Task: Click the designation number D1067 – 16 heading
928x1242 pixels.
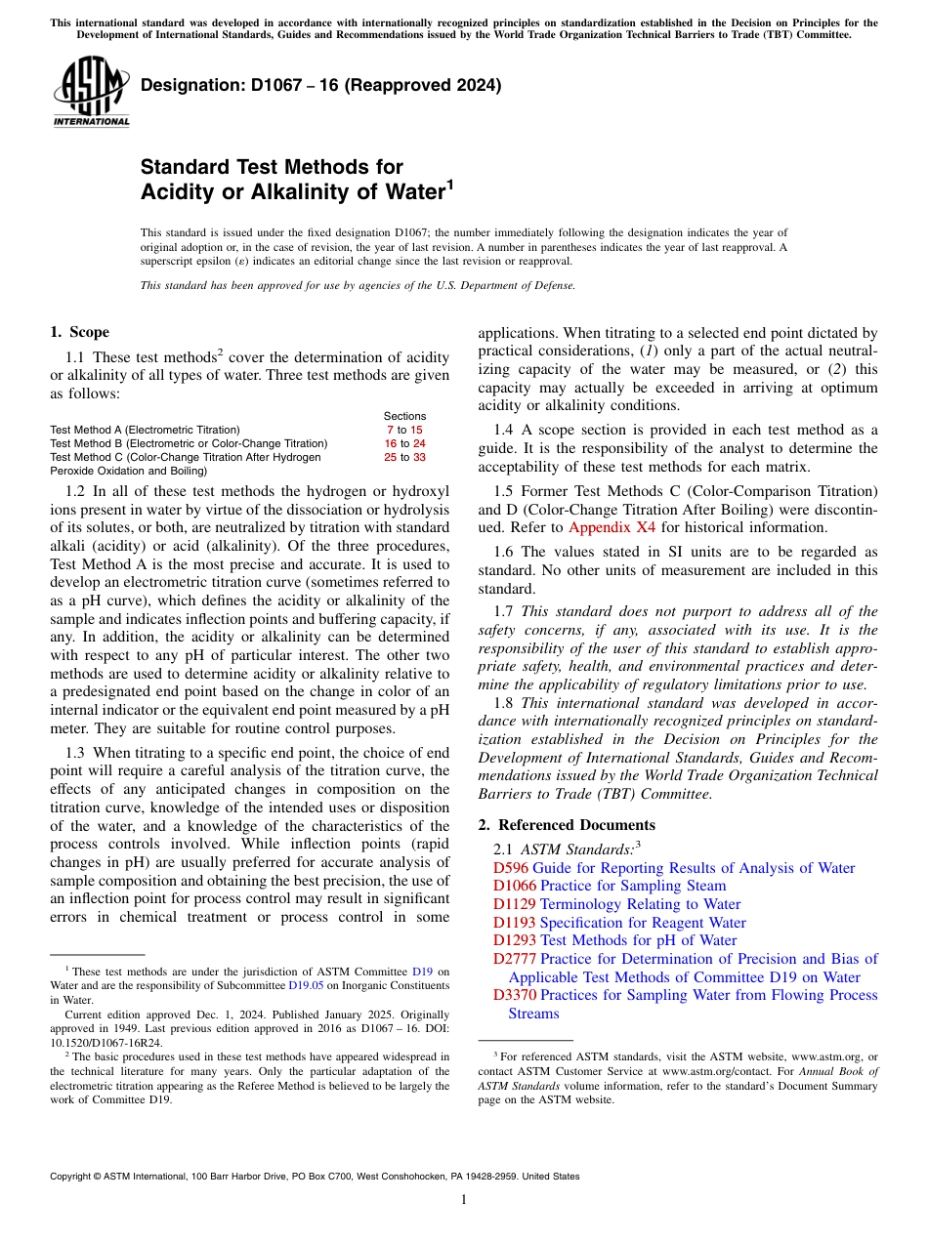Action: pos(320,85)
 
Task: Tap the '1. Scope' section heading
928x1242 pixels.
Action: pos(79,332)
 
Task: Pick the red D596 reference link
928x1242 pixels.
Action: pos(511,868)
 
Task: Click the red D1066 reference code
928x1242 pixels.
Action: pos(515,887)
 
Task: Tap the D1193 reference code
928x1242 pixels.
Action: pos(515,923)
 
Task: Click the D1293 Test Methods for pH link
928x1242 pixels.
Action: pos(614,940)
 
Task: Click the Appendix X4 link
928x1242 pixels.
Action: pos(612,527)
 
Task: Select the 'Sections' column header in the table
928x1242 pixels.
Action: pos(404,417)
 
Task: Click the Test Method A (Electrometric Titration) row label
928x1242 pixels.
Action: pos(145,430)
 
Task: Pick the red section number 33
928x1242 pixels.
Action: pos(419,457)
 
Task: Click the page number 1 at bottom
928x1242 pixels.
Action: pos(463,1200)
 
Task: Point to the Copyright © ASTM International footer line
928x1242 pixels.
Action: pos(315,1177)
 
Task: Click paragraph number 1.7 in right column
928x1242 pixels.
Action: pos(502,612)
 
